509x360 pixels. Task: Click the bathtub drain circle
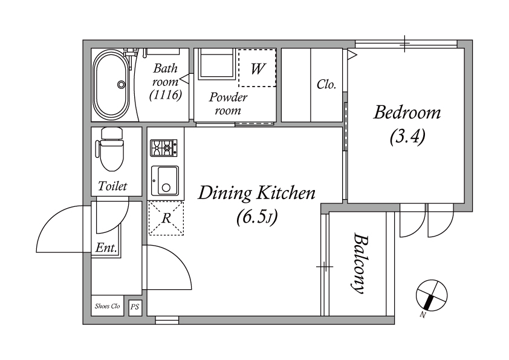[x=122, y=85]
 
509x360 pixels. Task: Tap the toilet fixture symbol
[x=110, y=149]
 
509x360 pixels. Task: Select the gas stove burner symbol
[x=164, y=148]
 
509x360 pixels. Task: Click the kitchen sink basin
[x=165, y=181]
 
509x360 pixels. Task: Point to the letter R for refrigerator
[x=166, y=218]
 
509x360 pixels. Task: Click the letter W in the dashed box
[x=258, y=68]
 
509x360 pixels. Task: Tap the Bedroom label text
[x=407, y=113]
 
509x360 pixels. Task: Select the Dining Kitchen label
[x=256, y=193]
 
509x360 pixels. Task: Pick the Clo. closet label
[x=326, y=85]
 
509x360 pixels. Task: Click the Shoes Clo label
[x=107, y=306]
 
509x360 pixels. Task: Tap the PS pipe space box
[x=135, y=306]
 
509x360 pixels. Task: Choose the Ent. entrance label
[x=106, y=248]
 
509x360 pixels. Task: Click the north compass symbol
[x=432, y=295]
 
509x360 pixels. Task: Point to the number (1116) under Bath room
[x=166, y=95]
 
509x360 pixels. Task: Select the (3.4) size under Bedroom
[x=407, y=137]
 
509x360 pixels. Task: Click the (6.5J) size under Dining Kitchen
[x=257, y=217]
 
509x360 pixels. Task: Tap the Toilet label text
[x=112, y=186]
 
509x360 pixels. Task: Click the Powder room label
[x=228, y=103]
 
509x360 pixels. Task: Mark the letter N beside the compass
[x=423, y=315]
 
